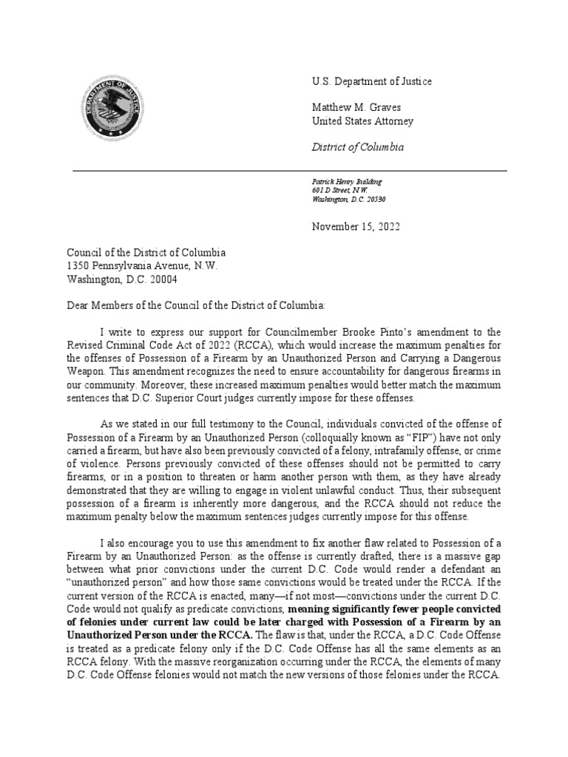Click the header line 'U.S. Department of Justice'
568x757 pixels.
tap(372, 81)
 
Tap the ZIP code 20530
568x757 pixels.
tap(373, 200)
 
